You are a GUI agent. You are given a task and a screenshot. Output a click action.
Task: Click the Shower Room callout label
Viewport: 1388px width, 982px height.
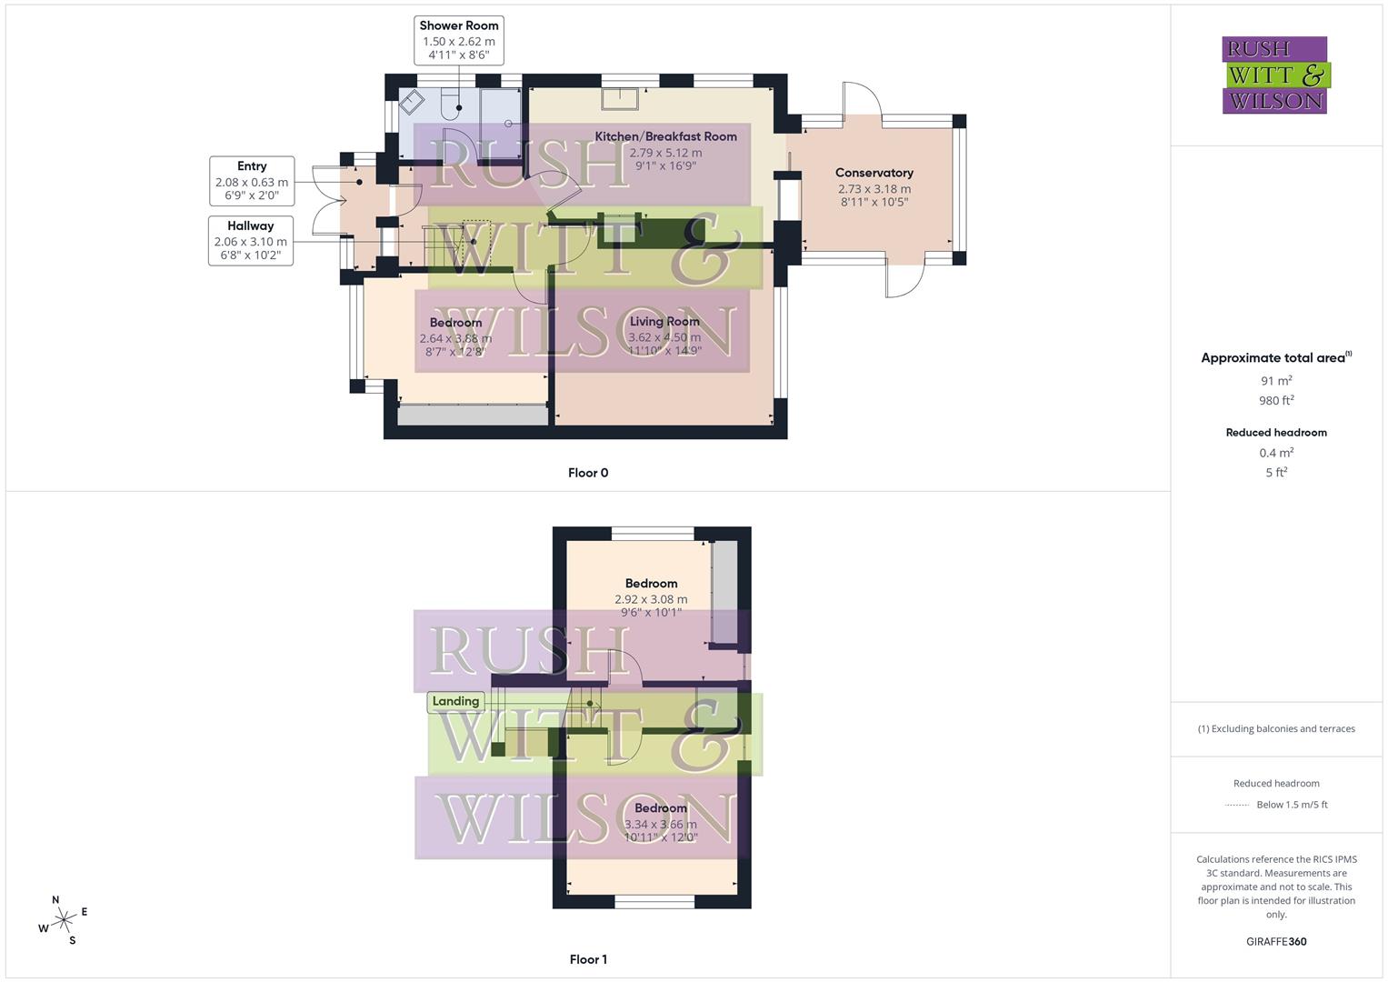(459, 40)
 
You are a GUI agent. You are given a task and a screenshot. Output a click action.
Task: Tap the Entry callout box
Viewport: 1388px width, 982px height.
(252, 181)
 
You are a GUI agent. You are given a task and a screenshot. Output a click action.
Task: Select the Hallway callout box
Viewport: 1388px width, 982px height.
(251, 240)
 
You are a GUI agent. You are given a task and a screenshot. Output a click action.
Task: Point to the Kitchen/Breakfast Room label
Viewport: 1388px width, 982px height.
(665, 136)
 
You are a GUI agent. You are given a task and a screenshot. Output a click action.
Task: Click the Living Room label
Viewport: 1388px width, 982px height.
(664, 321)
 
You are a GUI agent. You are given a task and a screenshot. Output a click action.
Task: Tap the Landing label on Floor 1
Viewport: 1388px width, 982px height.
(455, 701)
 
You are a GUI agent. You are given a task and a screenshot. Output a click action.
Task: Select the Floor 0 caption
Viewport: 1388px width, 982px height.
(588, 473)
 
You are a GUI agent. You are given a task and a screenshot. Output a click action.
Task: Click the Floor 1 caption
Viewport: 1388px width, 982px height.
(588, 959)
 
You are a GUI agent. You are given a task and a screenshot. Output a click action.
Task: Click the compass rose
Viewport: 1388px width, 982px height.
(63, 921)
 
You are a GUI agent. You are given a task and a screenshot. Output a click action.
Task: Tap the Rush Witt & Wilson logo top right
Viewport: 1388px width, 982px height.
(1275, 75)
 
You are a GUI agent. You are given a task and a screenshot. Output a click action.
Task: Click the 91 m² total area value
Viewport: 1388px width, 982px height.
(1276, 381)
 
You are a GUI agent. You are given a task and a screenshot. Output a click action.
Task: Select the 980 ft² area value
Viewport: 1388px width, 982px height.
(1276, 400)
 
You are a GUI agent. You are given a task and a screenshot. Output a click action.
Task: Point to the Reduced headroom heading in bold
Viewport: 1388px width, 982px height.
(1276, 433)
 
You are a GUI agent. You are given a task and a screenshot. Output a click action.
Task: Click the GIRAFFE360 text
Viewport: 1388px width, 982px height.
(1276, 941)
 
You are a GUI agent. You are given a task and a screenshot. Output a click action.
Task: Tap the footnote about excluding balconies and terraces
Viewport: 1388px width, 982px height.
(1276, 728)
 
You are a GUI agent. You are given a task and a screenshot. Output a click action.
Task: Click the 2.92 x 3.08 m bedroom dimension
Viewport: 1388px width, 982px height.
(651, 599)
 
